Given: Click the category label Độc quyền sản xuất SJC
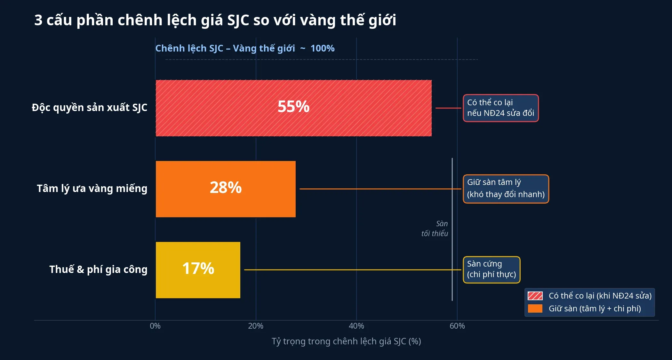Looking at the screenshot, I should (90, 108).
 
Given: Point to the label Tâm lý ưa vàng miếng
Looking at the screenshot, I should (92, 188).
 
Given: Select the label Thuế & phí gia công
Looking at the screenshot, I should (98, 269).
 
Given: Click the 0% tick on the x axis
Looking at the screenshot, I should (155, 326).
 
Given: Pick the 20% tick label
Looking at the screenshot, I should (256, 326).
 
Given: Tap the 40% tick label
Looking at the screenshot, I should (356, 326).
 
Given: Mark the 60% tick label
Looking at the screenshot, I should (457, 326).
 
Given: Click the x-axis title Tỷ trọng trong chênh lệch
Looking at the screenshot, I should (346, 341).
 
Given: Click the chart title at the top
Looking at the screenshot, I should (215, 20).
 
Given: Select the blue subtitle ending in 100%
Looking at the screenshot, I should (245, 48).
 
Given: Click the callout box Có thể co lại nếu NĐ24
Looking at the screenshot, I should (500, 108).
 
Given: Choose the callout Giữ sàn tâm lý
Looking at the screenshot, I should (506, 189).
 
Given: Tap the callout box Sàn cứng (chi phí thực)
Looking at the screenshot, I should (491, 269).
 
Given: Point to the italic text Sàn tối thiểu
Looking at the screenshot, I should (435, 228).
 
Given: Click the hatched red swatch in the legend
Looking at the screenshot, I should (535, 296).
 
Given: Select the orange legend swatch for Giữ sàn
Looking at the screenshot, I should (535, 308).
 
